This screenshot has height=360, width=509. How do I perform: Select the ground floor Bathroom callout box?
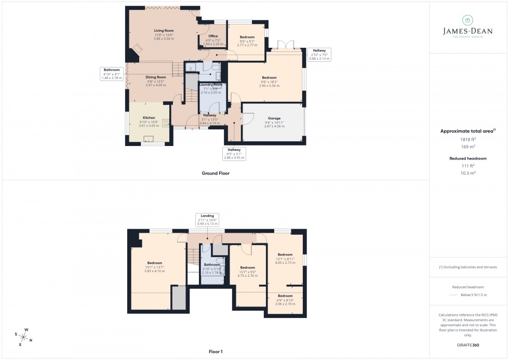point(112,74)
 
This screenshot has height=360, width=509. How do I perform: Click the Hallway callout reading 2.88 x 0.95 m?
point(234,153)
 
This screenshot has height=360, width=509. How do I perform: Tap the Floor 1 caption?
point(216,352)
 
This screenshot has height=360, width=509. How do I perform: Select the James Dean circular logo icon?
point(467,20)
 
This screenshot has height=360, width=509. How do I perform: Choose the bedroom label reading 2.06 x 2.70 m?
point(285,300)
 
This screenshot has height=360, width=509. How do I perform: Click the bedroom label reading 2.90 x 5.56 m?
point(269,82)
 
